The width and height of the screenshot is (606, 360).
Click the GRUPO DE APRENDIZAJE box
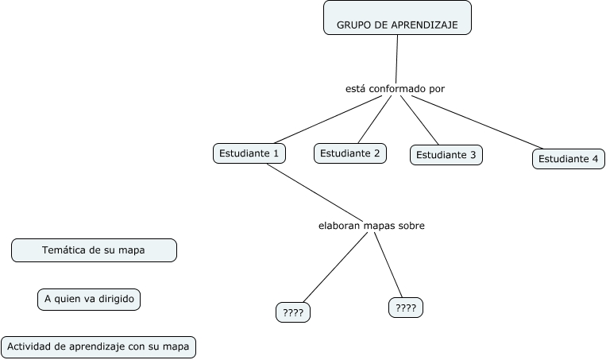click(397, 18)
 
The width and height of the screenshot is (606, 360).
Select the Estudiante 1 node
click(249, 153)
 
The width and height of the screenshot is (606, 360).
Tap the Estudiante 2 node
click(350, 153)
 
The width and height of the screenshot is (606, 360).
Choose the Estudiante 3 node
click(446, 155)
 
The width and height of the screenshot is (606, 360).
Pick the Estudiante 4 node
click(568, 158)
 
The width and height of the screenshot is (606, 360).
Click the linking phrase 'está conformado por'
click(395, 88)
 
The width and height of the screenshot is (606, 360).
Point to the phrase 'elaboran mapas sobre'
click(371, 226)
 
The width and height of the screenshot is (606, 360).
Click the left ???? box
click(292, 313)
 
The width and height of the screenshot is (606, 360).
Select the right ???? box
click(405, 308)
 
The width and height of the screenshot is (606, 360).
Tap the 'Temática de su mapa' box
click(94, 250)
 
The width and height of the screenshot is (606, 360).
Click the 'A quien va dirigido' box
click(89, 299)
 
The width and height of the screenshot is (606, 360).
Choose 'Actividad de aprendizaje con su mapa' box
click(98, 346)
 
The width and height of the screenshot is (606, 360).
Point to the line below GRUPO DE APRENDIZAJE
click(396, 57)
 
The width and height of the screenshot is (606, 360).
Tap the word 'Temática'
click(63, 250)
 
